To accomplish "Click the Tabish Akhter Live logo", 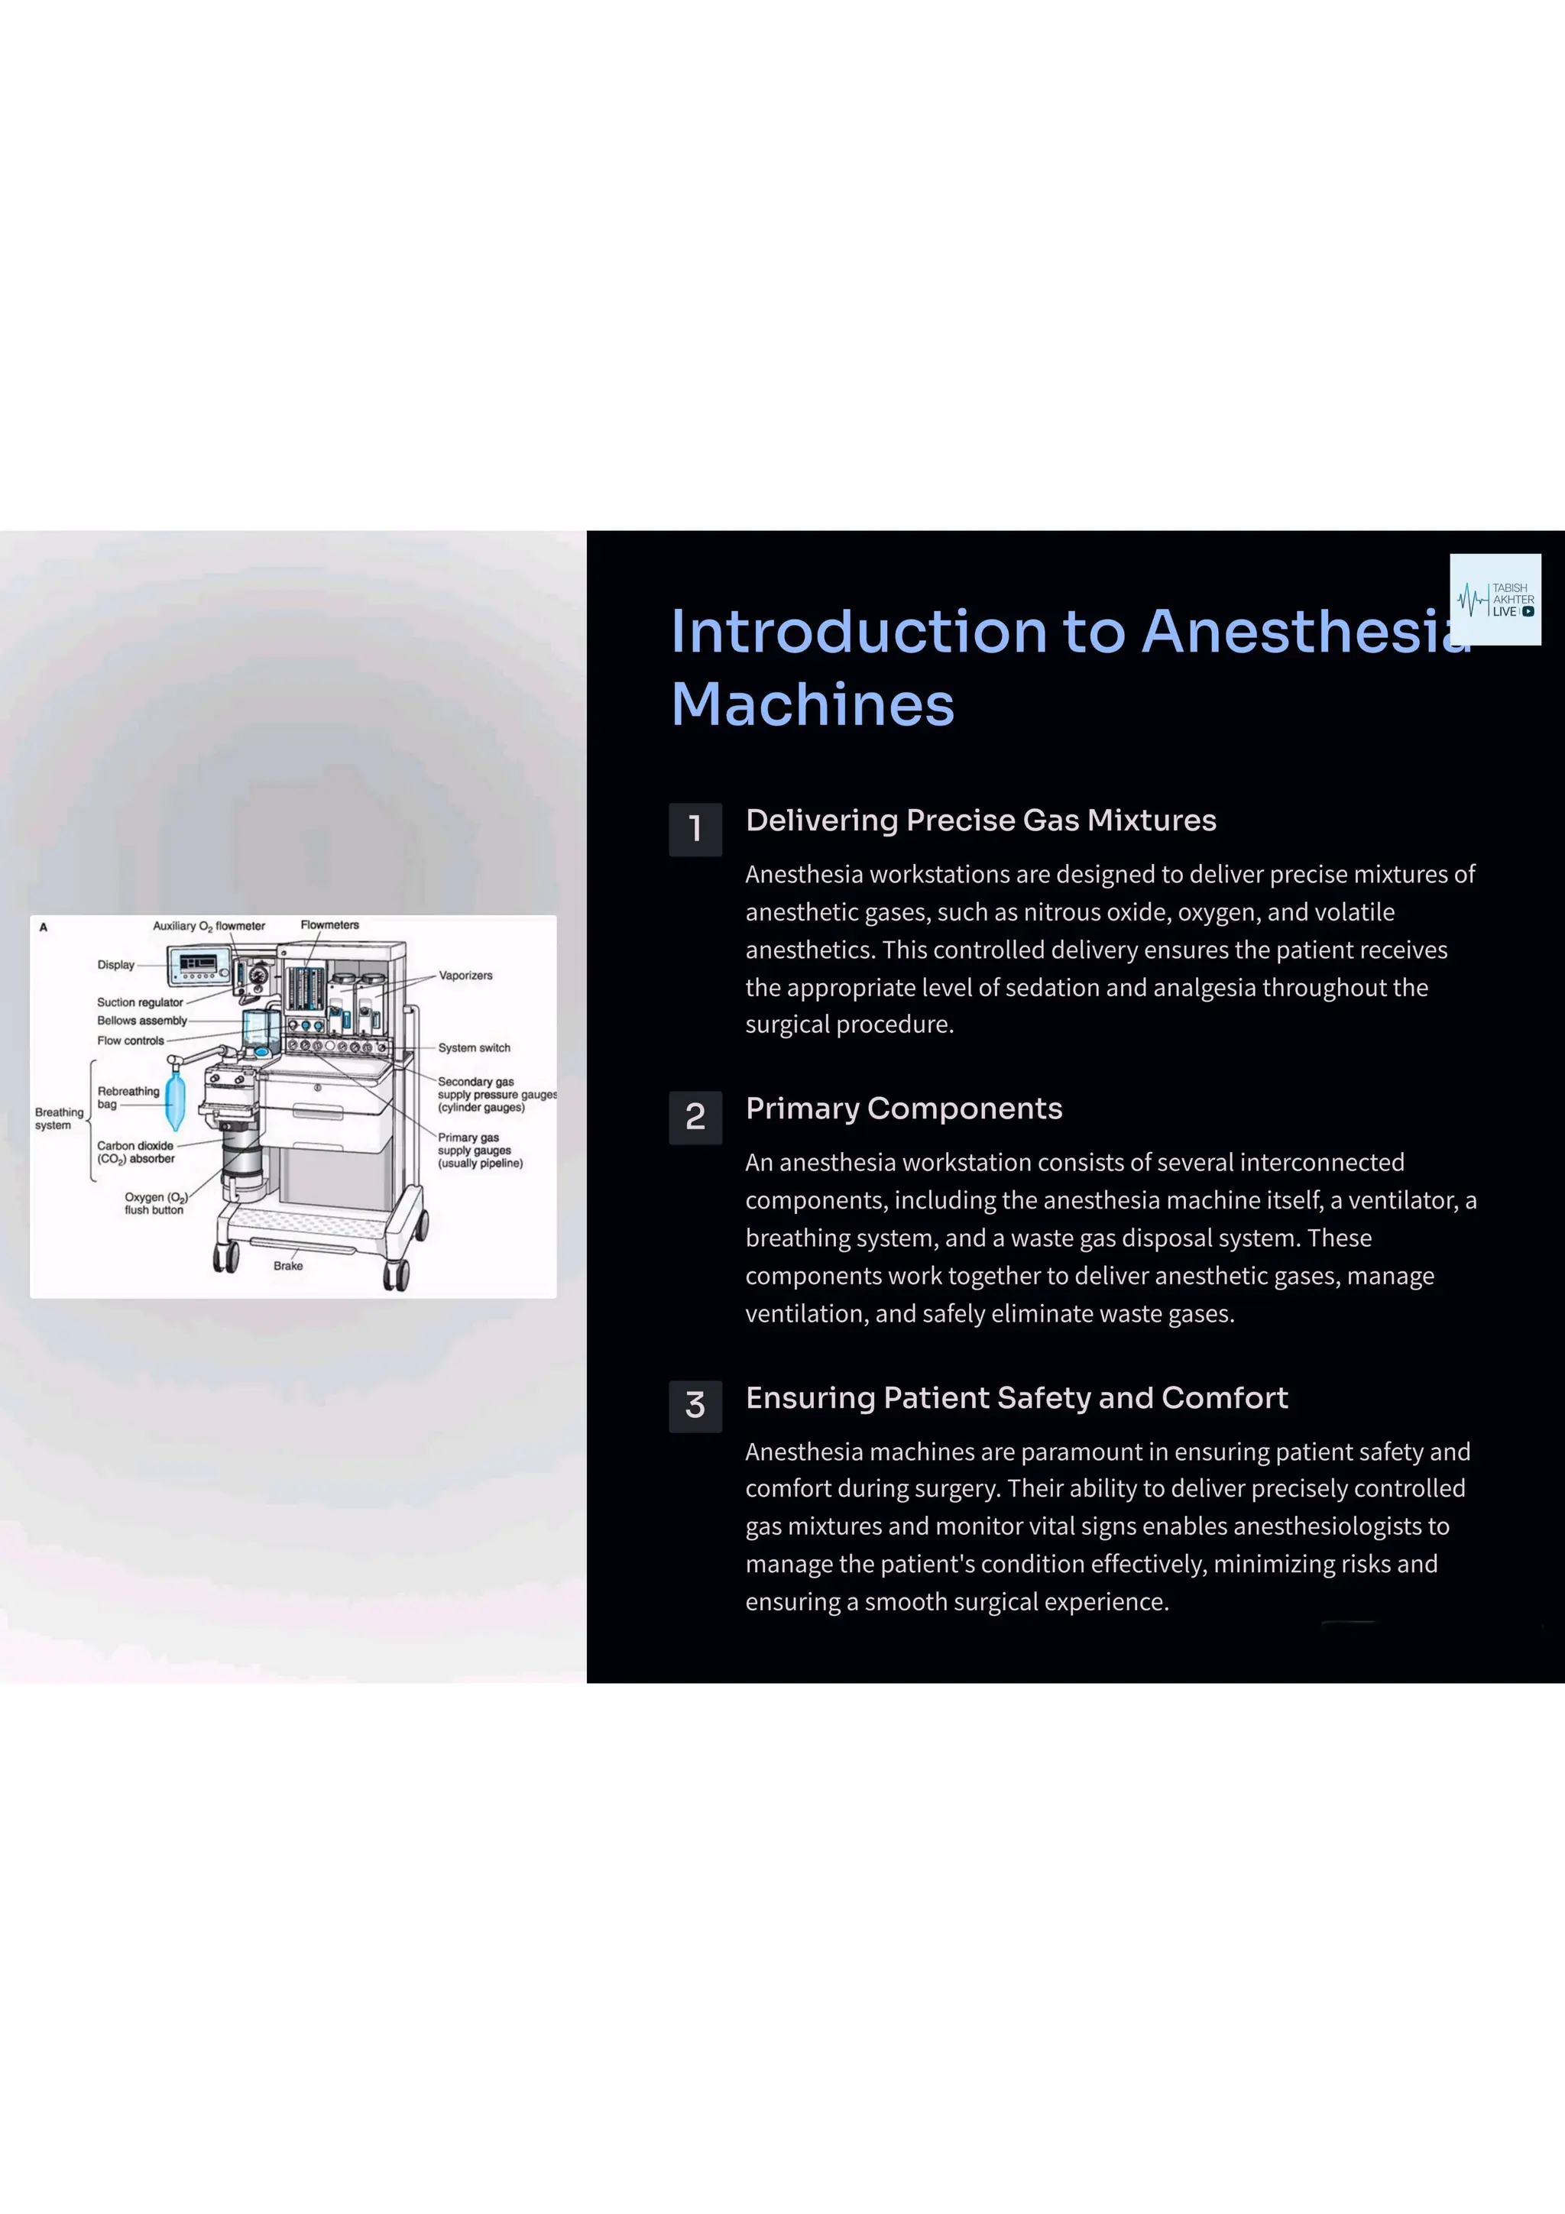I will [x=1495, y=599].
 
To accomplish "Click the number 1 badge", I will [x=695, y=829].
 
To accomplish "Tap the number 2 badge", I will [x=695, y=1118].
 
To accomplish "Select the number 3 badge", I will [x=695, y=1406].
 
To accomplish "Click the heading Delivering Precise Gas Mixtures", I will [x=980, y=821].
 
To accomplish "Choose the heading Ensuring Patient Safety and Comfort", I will [x=1016, y=1398].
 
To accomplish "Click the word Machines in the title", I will [x=813, y=704].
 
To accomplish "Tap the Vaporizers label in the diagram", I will [x=465, y=976].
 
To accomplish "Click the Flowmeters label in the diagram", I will [x=330, y=924].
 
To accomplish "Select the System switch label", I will [x=474, y=1048].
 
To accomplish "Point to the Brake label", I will [x=288, y=1266].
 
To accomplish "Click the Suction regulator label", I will [x=140, y=1003].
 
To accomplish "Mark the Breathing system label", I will [x=59, y=1118].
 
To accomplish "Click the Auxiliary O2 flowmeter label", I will [x=209, y=926].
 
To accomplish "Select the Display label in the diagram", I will [x=115, y=965].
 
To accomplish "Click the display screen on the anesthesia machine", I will [x=199, y=963].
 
